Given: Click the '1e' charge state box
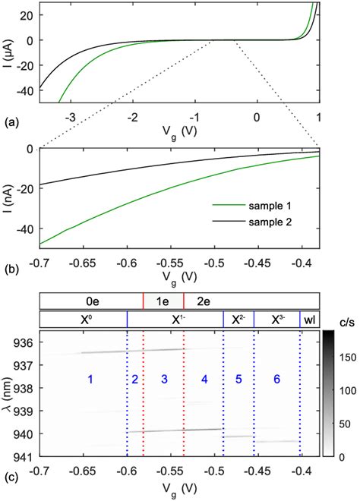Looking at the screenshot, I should pos(163,301).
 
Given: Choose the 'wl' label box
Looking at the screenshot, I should pos(309,320).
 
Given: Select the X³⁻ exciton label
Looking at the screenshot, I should pos(276,320).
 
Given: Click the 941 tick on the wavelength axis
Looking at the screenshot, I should pos(25,456).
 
